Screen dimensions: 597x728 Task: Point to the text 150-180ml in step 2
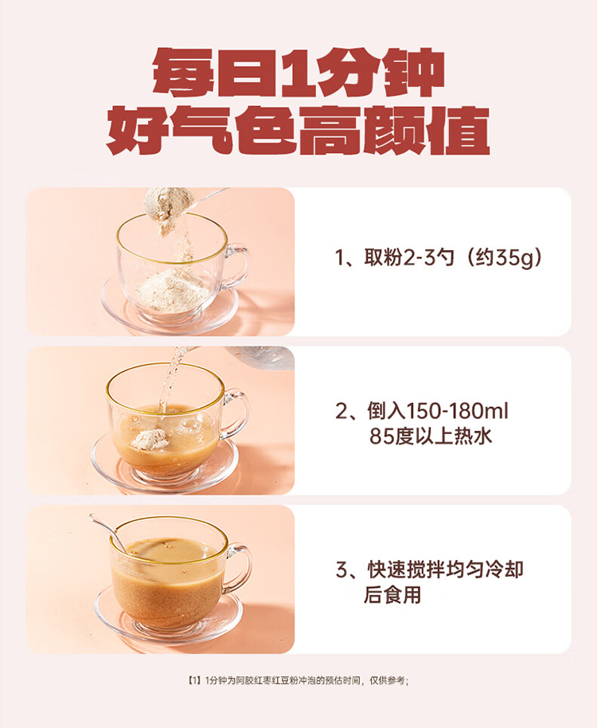click(457, 411)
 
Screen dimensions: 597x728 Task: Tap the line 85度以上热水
click(431, 436)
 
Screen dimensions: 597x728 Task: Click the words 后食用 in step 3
click(392, 595)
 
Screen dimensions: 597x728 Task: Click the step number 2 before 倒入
click(341, 411)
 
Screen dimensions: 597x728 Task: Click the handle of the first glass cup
click(238, 265)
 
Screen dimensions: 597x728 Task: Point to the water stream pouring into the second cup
click(169, 380)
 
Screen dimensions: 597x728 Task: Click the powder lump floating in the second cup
click(150, 439)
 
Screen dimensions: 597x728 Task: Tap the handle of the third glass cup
click(238, 568)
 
